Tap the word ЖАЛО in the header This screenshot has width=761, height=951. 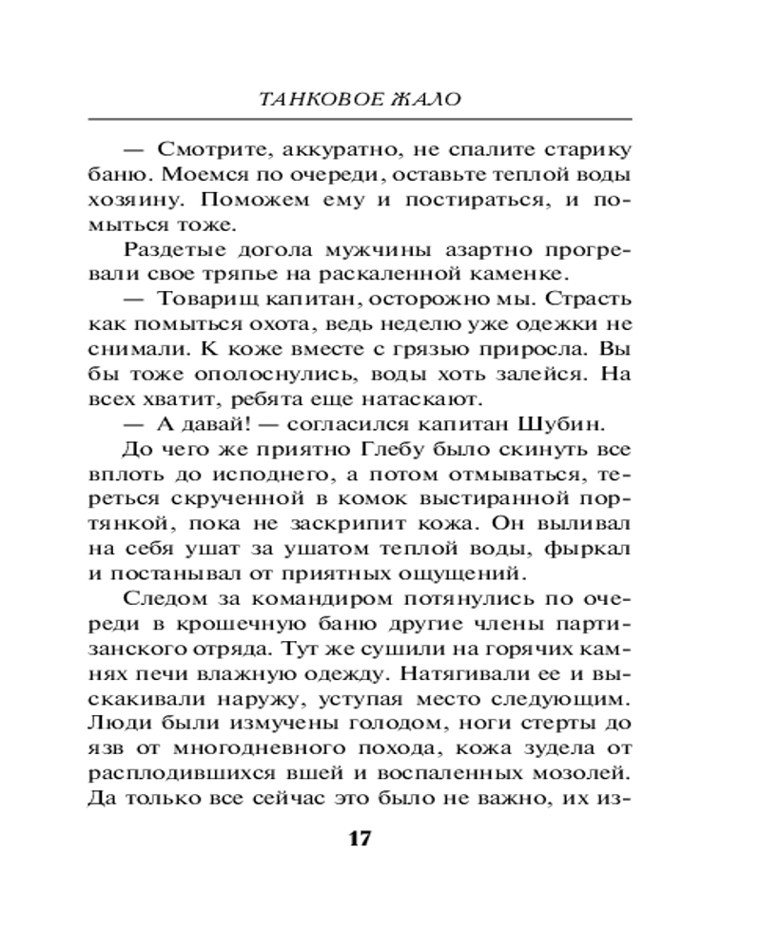433,99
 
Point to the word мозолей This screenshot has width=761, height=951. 588,770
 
